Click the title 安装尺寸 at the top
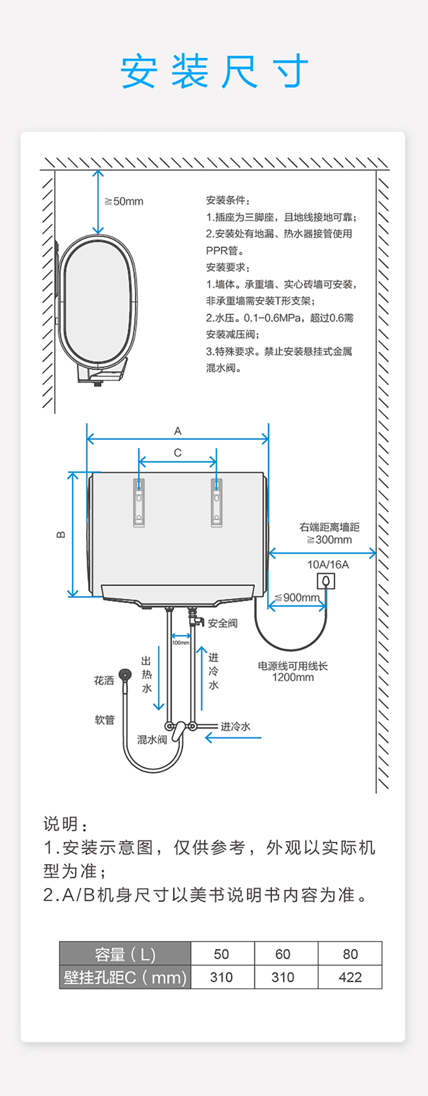214,71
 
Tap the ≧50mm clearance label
124,201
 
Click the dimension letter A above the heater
178,431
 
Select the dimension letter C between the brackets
178,453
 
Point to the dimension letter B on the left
61,534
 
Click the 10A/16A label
328,565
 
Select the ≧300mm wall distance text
329,539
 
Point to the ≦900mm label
297,597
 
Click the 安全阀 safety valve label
222,623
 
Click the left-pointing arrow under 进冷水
233,738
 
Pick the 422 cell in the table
350,977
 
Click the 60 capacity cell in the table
283,954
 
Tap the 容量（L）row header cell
125,954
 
